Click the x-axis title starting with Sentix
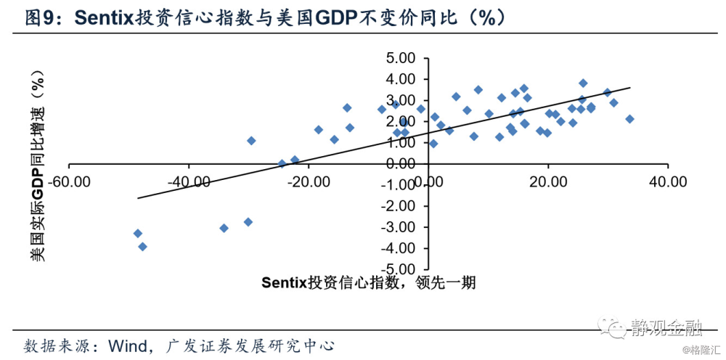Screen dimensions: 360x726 tap(368, 282)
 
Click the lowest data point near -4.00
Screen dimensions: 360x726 tap(143, 247)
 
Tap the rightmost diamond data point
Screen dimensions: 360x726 tap(629, 119)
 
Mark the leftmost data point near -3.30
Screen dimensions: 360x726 tap(137, 234)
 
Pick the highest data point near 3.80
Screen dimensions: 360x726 tap(583, 83)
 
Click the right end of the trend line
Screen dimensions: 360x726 tap(630, 88)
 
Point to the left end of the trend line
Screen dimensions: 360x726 tap(138, 197)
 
